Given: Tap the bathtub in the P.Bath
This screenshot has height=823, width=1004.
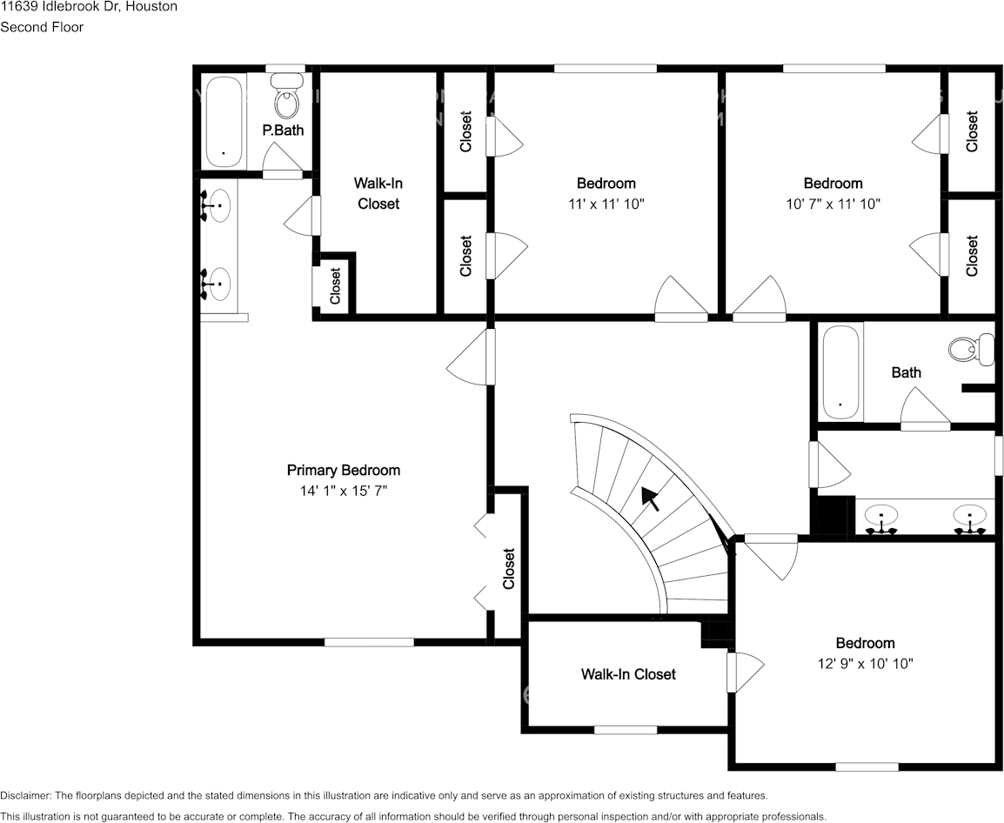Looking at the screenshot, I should [224, 122].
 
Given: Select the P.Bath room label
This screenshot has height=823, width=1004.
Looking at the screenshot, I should [283, 130].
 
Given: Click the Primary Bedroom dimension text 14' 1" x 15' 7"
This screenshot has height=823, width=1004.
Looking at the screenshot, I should [343, 491].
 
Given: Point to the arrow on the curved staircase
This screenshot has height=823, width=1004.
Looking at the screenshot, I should [650, 498].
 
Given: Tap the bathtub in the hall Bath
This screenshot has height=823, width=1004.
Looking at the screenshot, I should [840, 371].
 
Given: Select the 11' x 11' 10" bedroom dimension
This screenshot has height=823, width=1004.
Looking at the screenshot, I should [606, 204].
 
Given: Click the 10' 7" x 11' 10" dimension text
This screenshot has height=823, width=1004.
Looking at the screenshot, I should [832, 204].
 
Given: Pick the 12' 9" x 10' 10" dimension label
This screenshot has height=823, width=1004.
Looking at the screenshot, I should [864, 664].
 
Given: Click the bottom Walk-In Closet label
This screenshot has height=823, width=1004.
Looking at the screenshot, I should [628, 674].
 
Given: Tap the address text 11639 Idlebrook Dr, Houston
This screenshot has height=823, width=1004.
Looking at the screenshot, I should [89, 7].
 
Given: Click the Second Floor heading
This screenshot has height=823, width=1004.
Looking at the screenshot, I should [42, 27].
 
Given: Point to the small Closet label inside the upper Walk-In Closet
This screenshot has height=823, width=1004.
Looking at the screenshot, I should [335, 285].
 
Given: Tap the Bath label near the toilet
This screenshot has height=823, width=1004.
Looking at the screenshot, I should [906, 372].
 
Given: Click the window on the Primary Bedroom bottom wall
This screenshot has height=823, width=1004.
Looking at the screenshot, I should [369, 642].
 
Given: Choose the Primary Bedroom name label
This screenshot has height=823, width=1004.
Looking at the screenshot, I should [343, 470].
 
